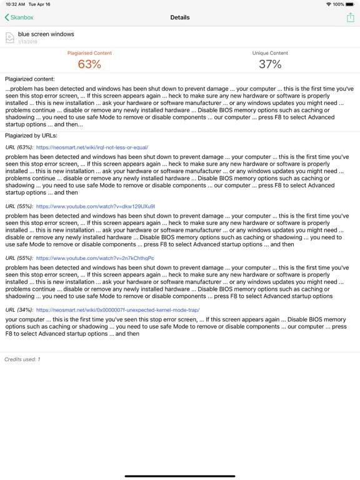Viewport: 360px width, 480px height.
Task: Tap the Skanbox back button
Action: click(x=19, y=17)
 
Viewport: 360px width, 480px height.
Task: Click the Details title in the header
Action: click(x=180, y=17)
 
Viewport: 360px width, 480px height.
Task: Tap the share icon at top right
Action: click(x=350, y=17)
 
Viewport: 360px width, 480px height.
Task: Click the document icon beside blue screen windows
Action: click(x=9, y=37)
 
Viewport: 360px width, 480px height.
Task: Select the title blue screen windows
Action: click(x=46, y=34)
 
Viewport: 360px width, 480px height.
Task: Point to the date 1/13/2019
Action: click(x=27, y=41)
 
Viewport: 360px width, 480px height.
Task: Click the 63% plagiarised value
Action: click(x=89, y=64)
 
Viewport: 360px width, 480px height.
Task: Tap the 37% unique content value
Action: click(x=270, y=64)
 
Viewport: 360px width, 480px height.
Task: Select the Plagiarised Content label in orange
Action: click(x=89, y=53)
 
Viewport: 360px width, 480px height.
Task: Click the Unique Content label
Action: click(x=270, y=53)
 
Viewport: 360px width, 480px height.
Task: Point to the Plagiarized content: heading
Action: click(x=29, y=79)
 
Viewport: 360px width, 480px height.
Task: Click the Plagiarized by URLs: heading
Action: click(x=31, y=135)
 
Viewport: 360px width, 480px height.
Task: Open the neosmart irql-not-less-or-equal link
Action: click(x=92, y=147)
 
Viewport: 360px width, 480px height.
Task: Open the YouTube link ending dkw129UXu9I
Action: click(x=96, y=206)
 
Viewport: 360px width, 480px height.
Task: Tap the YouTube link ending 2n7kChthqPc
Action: click(x=95, y=257)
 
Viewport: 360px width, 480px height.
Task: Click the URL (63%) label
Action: click(x=19, y=147)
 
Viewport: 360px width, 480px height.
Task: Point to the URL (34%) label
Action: click(x=19, y=309)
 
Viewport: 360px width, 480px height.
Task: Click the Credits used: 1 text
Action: click(x=22, y=359)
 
